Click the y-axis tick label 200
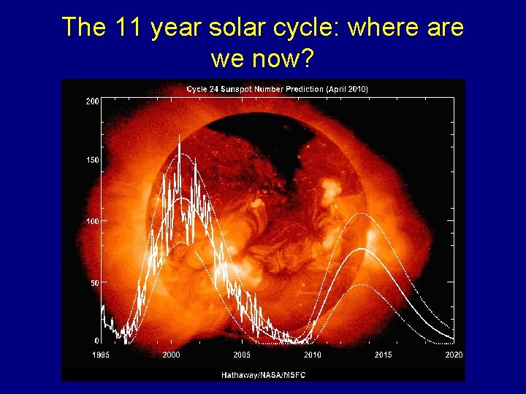(92, 101)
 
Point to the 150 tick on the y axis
(92, 161)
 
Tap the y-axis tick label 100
(92, 221)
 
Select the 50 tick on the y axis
(94, 282)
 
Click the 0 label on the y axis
(96, 341)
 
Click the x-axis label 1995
(101, 355)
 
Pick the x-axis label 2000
(171, 355)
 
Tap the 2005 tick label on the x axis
(242, 355)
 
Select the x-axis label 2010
(313, 355)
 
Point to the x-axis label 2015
(384, 355)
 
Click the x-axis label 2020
(454, 355)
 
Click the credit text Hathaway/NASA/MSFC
(263, 375)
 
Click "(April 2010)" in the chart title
(348, 89)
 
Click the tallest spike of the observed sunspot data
(179, 136)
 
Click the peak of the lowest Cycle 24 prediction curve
(358, 285)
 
